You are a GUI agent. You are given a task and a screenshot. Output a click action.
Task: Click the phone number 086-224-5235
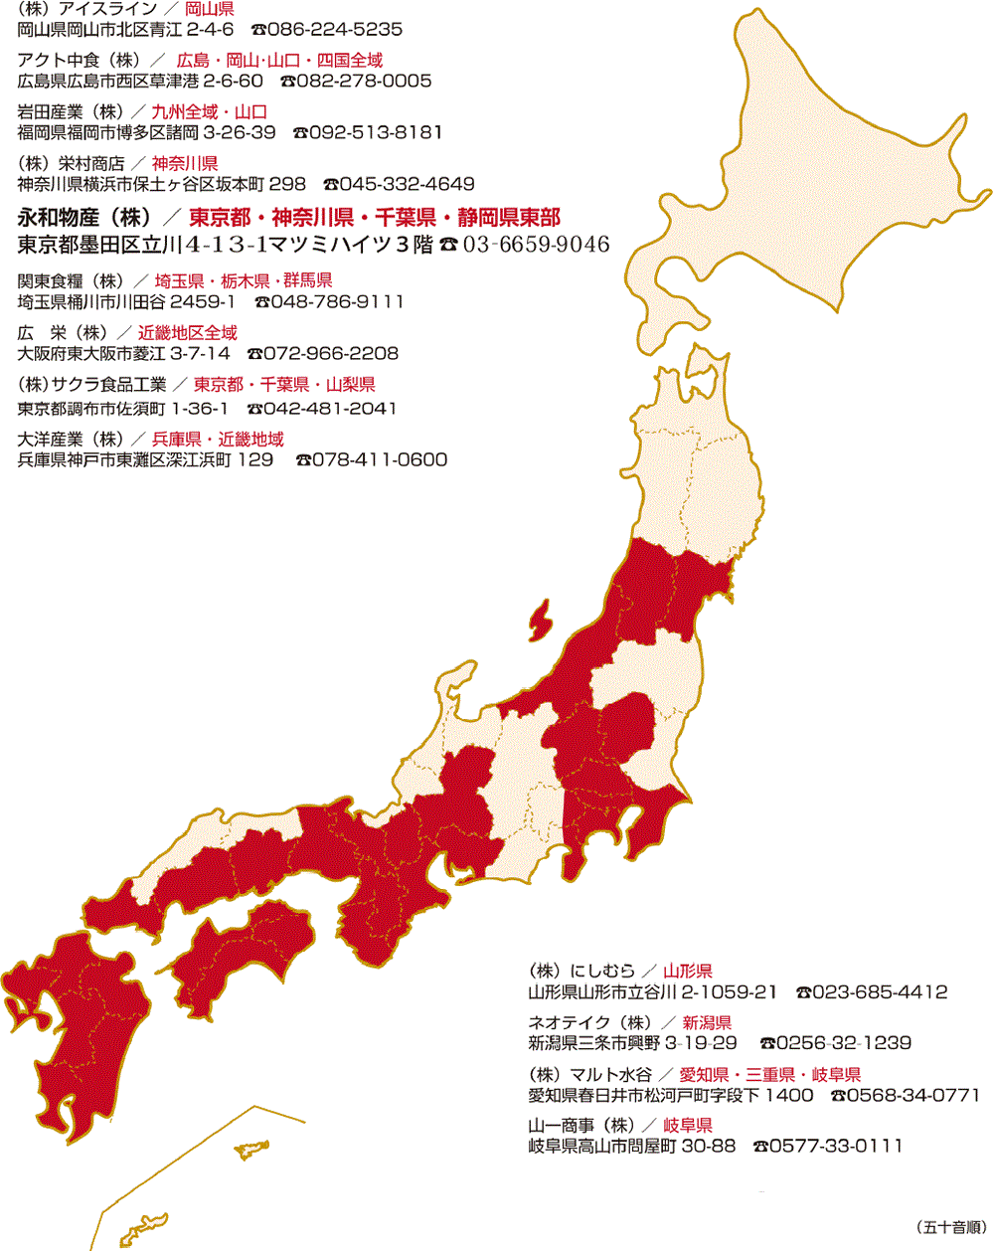[334, 30]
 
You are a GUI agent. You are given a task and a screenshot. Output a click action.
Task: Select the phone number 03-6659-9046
[535, 245]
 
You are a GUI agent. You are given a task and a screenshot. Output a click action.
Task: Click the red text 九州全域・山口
[209, 112]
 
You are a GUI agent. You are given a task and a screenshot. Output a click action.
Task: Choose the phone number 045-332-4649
[407, 184]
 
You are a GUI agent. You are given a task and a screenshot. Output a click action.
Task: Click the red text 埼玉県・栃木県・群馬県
[244, 281]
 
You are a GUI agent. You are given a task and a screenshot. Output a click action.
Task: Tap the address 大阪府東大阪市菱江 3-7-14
[124, 353]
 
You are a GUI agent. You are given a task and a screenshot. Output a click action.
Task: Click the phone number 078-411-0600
[380, 459]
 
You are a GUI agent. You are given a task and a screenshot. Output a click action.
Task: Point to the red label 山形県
[688, 971]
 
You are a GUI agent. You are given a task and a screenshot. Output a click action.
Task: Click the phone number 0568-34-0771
[913, 1095]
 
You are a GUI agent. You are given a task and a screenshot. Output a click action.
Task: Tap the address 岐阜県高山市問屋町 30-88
[632, 1146]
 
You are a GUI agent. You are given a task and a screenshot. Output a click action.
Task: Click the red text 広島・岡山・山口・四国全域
[279, 61]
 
